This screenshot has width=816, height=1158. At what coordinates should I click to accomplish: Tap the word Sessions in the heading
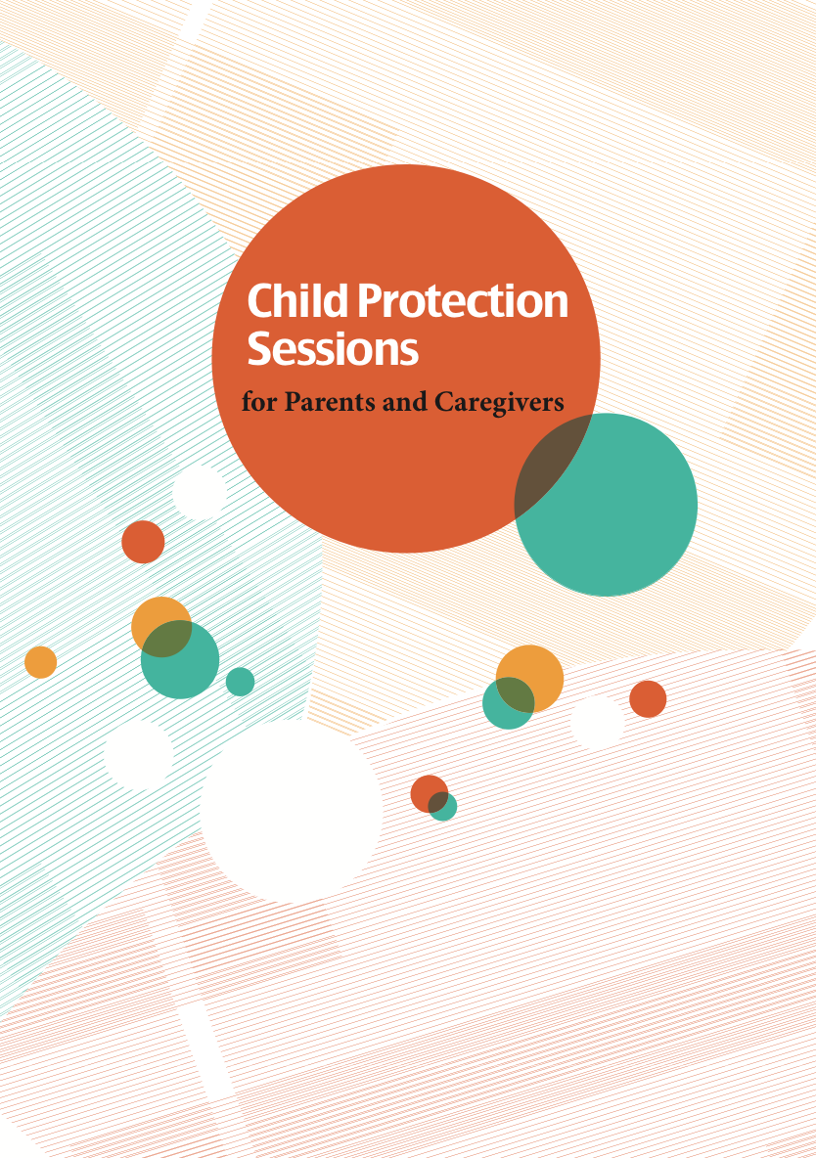click(333, 349)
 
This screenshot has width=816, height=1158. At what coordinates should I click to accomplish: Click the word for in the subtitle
click(258, 402)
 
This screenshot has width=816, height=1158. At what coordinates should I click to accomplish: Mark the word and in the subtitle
click(399, 402)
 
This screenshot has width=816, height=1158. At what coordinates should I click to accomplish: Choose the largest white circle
click(291, 810)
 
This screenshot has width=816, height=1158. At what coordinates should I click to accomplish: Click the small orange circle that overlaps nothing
click(40, 662)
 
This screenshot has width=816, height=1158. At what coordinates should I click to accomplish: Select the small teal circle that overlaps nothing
click(240, 682)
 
